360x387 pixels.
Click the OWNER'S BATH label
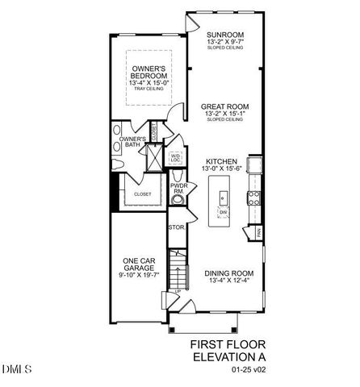click(132, 144)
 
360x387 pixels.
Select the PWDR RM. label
click(178, 189)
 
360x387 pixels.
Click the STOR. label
click(176, 228)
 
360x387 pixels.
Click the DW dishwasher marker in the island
click(223, 212)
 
